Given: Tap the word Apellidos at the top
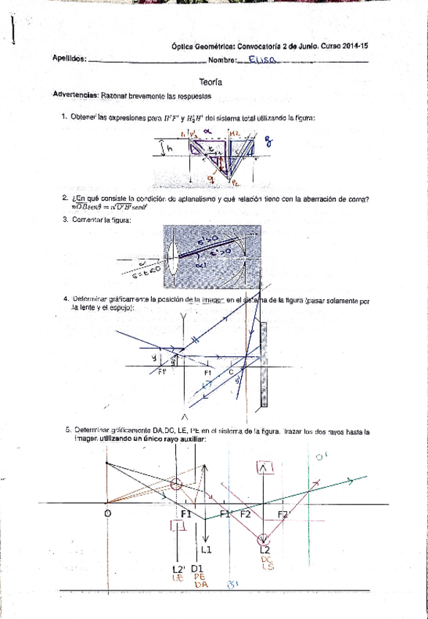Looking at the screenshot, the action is pyautogui.click(x=70, y=60).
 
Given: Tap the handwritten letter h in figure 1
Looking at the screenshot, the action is pyautogui.click(x=169, y=148).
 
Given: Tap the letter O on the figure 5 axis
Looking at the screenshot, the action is pyautogui.click(x=107, y=514).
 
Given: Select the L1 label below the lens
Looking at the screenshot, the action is pyautogui.click(x=207, y=549).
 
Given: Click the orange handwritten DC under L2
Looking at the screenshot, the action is pyautogui.click(x=267, y=560).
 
